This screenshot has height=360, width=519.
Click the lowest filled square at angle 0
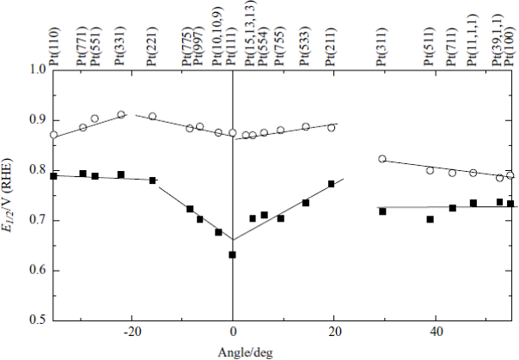(232, 254)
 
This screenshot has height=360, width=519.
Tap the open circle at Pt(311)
(382, 159)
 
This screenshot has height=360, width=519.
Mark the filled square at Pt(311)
(382, 211)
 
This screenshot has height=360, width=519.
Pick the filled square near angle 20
(332, 184)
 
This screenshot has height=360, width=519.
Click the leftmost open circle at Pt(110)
(54, 135)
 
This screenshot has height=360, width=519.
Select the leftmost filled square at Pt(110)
(54, 176)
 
